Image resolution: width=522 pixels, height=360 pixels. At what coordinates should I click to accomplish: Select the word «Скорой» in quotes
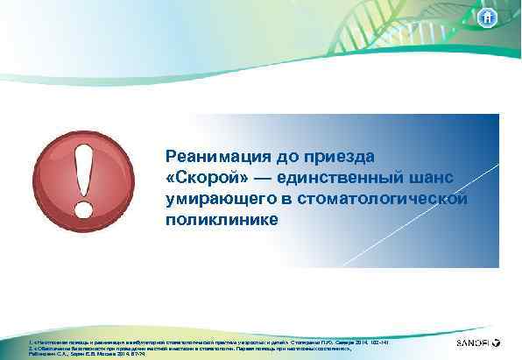204,178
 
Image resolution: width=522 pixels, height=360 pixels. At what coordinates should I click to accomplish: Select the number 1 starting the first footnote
30,335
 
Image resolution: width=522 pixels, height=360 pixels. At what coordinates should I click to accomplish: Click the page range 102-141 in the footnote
377,335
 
